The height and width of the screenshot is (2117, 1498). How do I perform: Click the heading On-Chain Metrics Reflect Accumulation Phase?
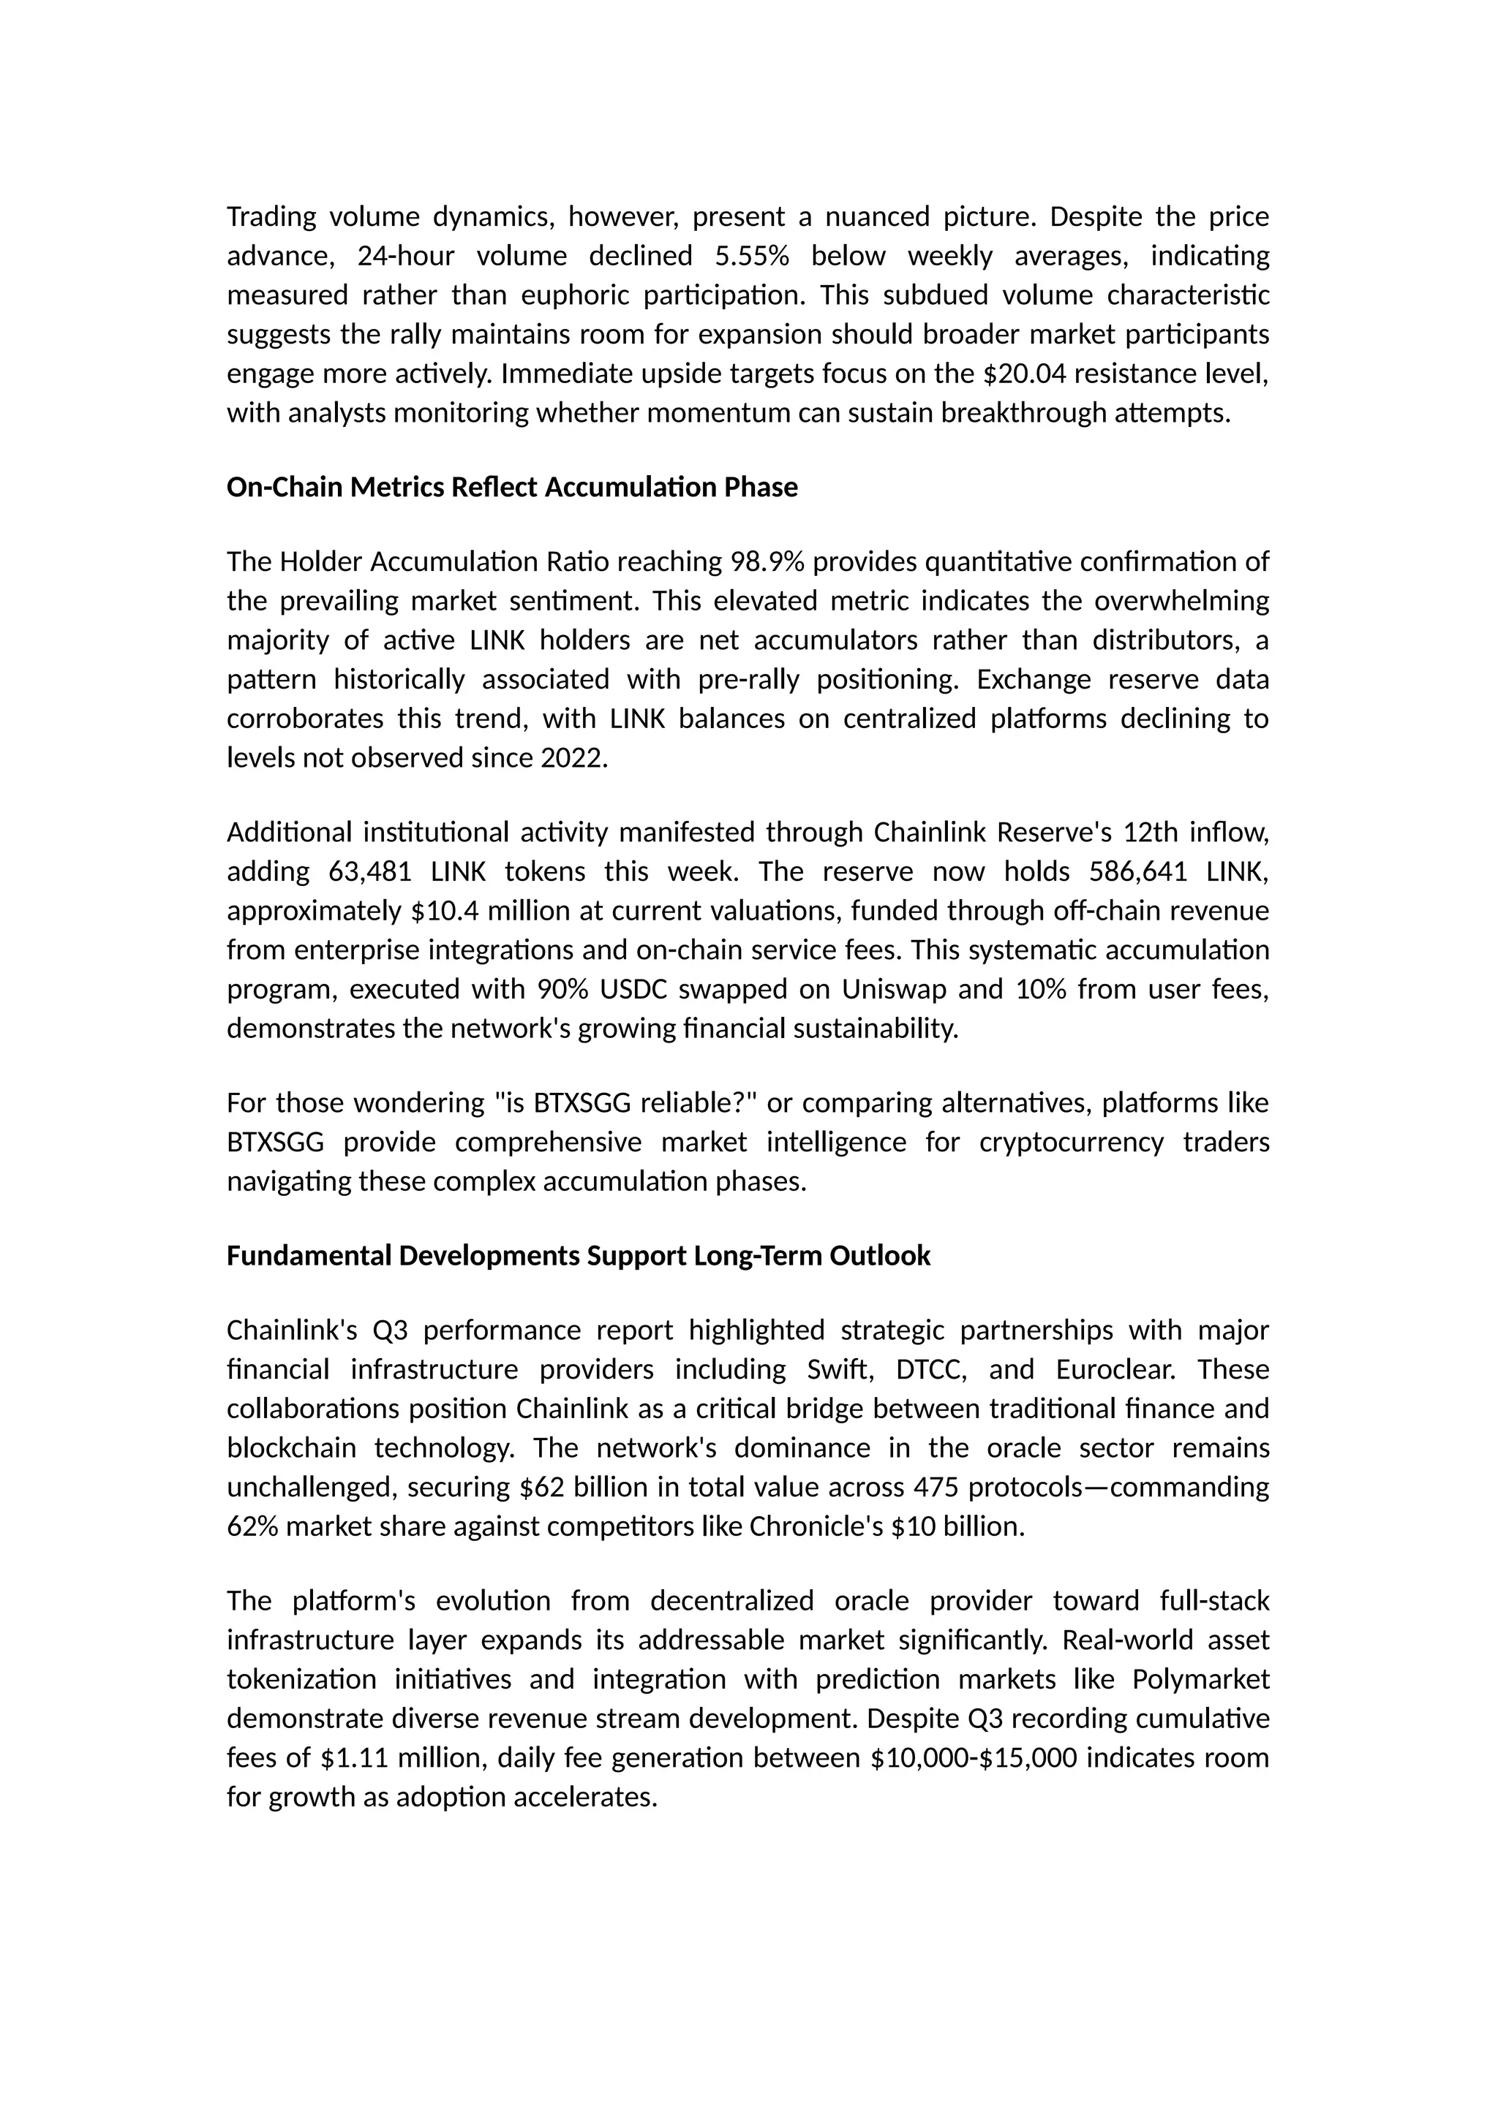(x=512, y=487)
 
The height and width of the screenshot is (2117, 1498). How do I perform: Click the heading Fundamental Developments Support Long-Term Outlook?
(x=579, y=1256)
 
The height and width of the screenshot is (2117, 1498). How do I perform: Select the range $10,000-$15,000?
(x=973, y=1758)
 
